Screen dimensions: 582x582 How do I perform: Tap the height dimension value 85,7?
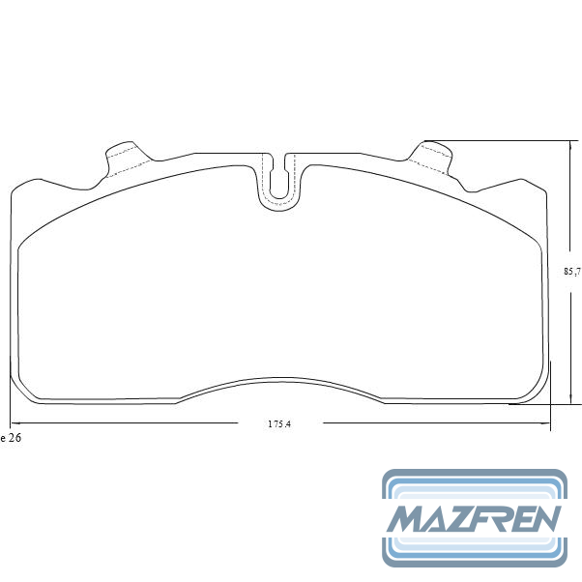coord(571,272)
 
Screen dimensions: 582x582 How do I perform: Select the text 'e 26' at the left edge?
coord(11,438)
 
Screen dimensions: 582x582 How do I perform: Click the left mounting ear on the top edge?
coord(123,155)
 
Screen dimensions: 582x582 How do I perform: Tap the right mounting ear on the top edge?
coord(432,155)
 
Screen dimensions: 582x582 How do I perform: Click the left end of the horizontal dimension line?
coord(11,423)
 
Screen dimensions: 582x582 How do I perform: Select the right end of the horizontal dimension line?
coord(550,423)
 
